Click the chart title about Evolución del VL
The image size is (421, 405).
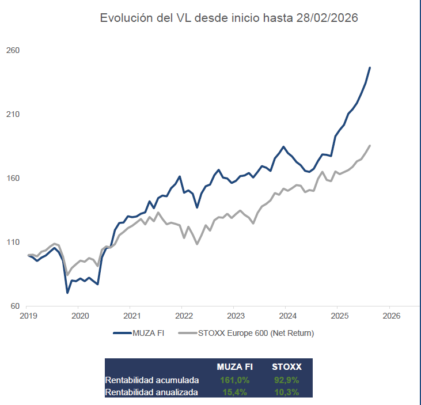point(229,18)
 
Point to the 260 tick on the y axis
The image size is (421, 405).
point(13,51)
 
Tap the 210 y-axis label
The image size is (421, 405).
point(13,115)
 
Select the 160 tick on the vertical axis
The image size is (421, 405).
point(13,179)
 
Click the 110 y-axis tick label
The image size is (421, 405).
point(13,243)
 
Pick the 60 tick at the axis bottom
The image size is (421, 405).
point(15,306)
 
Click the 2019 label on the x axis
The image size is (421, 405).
point(28,316)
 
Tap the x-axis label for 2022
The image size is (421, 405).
point(184,316)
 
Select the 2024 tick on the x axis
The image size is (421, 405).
point(287,316)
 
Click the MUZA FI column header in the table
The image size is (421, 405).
point(234,367)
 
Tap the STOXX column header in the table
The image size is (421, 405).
point(286,367)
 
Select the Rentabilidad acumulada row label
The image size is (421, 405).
point(152,380)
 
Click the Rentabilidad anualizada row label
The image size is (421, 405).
point(152,392)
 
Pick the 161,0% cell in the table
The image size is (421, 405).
point(234,380)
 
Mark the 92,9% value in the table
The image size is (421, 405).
point(286,380)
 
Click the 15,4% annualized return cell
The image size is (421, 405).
point(234,392)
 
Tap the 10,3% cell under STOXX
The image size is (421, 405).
point(286,392)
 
